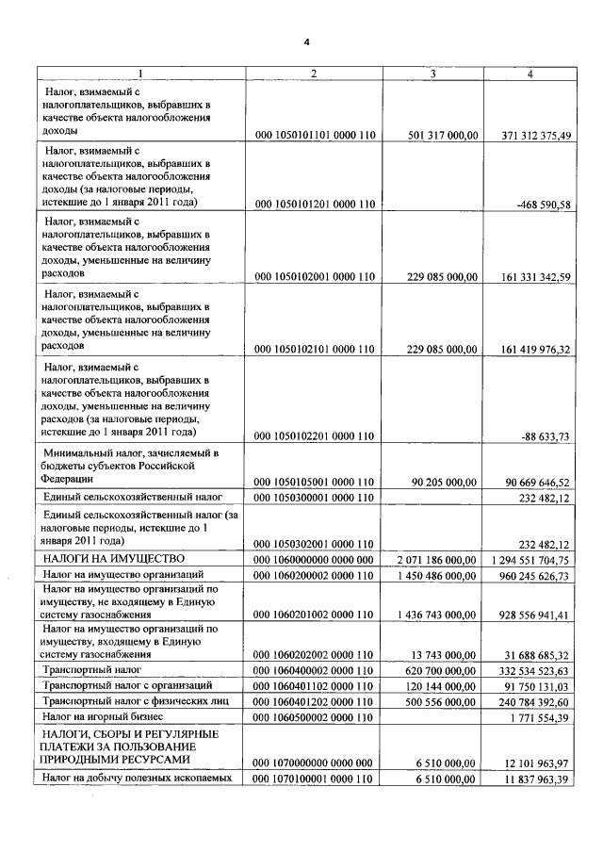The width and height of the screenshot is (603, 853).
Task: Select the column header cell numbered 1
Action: pos(140,74)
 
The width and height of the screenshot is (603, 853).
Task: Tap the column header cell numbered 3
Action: pos(432,74)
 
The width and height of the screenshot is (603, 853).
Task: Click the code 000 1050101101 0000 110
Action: pos(316,136)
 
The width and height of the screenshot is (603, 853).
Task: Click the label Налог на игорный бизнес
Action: pos(104,718)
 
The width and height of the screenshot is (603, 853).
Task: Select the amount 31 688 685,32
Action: pos(539,654)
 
